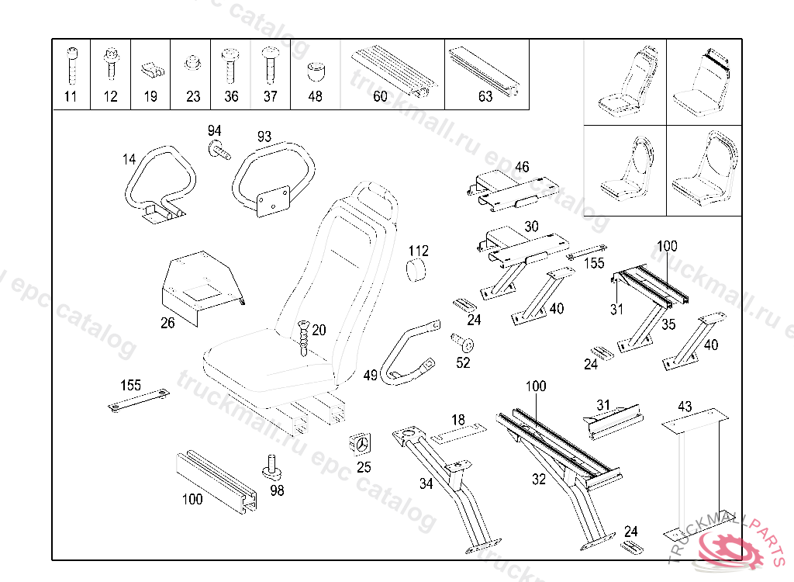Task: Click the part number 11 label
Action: tap(71, 97)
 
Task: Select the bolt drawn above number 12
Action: tap(110, 65)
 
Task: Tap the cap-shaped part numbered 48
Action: tap(315, 72)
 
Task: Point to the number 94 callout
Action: tap(214, 130)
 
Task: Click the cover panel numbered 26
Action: tap(199, 284)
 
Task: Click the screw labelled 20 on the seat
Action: tap(303, 335)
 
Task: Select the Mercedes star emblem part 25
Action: tap(362, 445)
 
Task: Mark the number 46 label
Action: tap(522, 167)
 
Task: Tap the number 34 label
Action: tap(426, 484)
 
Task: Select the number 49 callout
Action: tap(371, 376)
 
